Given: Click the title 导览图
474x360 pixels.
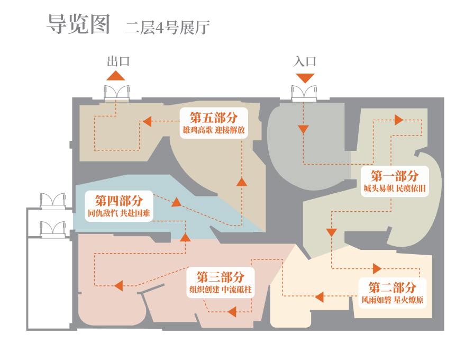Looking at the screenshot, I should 79,24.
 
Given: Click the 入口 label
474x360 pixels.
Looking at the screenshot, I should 305,61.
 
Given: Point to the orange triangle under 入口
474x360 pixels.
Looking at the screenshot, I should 305,78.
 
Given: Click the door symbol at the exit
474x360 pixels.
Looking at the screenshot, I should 117,93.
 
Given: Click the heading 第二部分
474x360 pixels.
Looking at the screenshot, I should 393,288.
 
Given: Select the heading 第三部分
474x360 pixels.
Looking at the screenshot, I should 221,277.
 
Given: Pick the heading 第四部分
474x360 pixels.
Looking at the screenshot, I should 119,201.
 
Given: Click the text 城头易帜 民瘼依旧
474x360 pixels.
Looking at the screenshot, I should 395,188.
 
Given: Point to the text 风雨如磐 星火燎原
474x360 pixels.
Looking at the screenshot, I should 393,300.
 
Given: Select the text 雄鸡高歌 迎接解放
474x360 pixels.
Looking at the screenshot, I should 214,130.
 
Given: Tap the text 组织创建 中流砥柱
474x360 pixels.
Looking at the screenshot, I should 221,289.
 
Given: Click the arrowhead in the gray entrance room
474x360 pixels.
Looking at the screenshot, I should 303,130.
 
